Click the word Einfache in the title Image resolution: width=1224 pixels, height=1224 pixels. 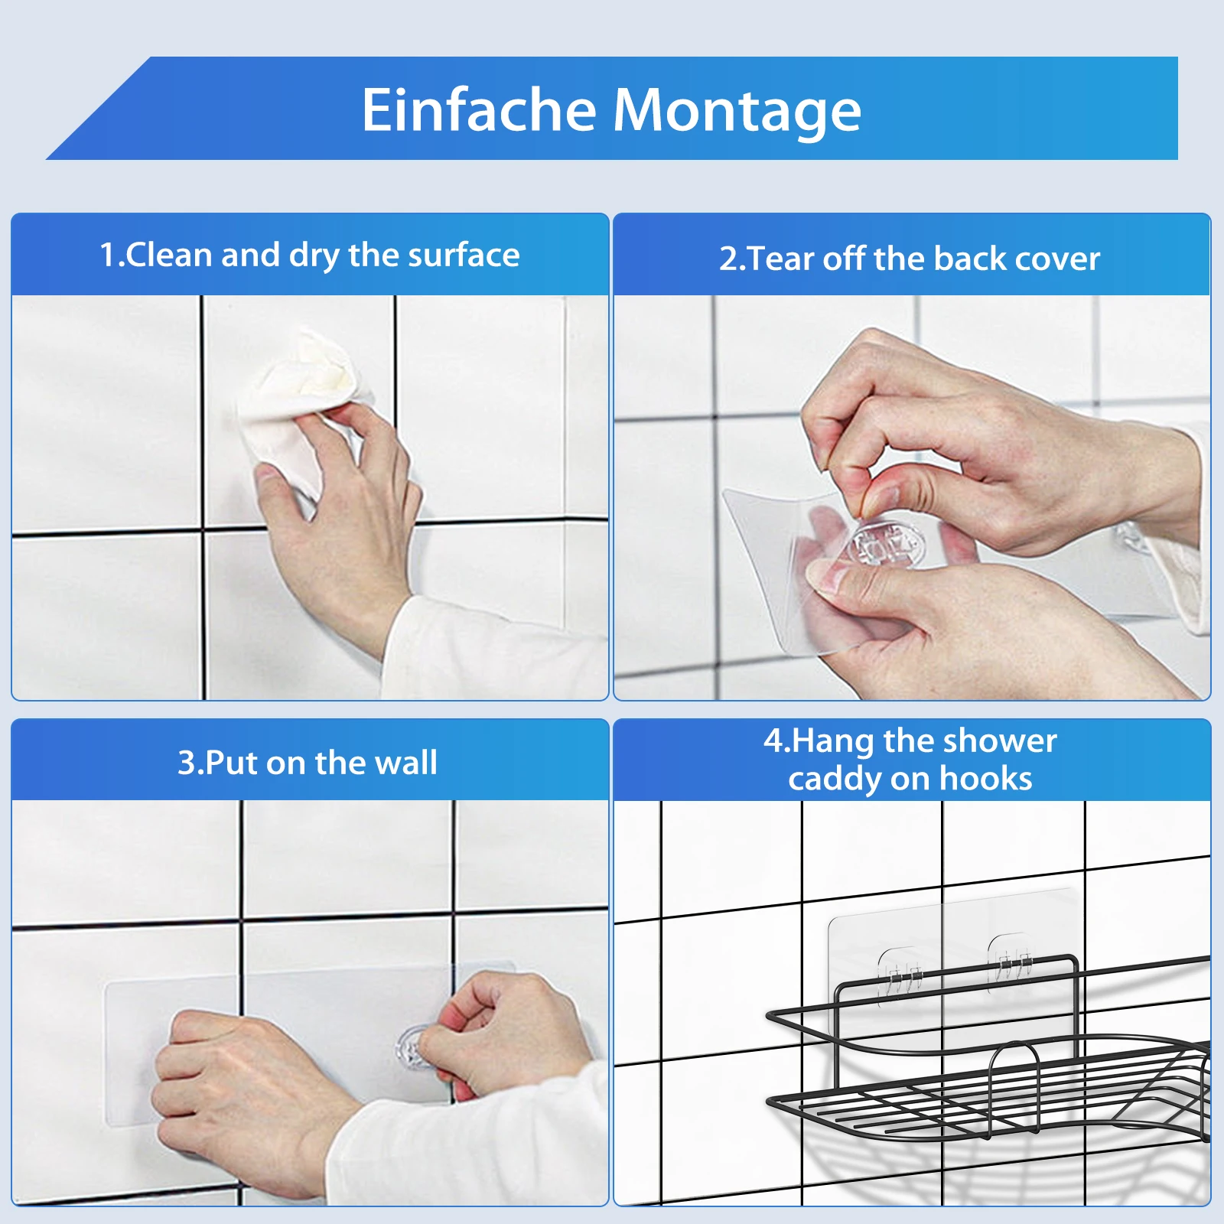[478, 109]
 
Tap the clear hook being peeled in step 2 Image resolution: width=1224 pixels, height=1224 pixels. [887, 543]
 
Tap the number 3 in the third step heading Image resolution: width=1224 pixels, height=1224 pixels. [186, 763]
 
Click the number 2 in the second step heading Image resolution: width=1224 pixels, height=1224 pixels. [728, 259]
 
